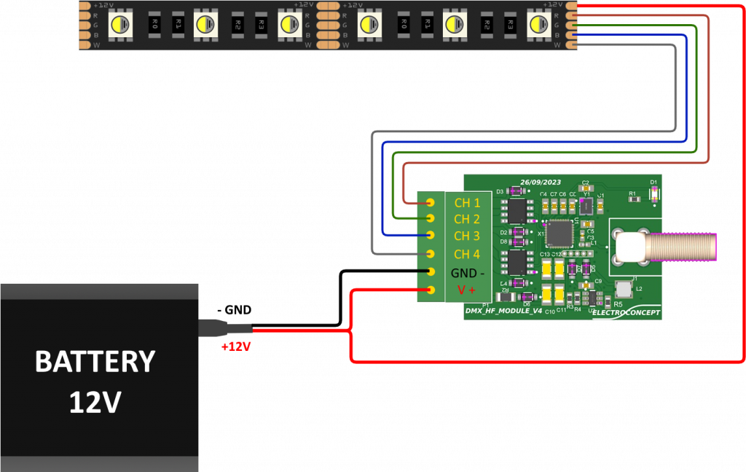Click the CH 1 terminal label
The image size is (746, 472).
(467, 202)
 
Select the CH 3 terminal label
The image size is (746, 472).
(467, 236)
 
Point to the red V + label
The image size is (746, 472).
(466, 290)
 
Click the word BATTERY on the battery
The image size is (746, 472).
(95, 362)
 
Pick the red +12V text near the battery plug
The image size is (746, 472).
(236, 347)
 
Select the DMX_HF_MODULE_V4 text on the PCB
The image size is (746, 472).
(503, 311)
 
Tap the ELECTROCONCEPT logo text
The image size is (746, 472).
(627, 313)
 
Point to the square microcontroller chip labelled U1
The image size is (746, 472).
(559, 233)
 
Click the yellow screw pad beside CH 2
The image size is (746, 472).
(431, 218)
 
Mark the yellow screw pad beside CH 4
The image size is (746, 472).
(431, 254)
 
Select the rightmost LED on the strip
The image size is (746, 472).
(538, 25)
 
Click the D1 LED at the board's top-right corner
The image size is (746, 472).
(653, 193)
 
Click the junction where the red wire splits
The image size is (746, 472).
(352, 330)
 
